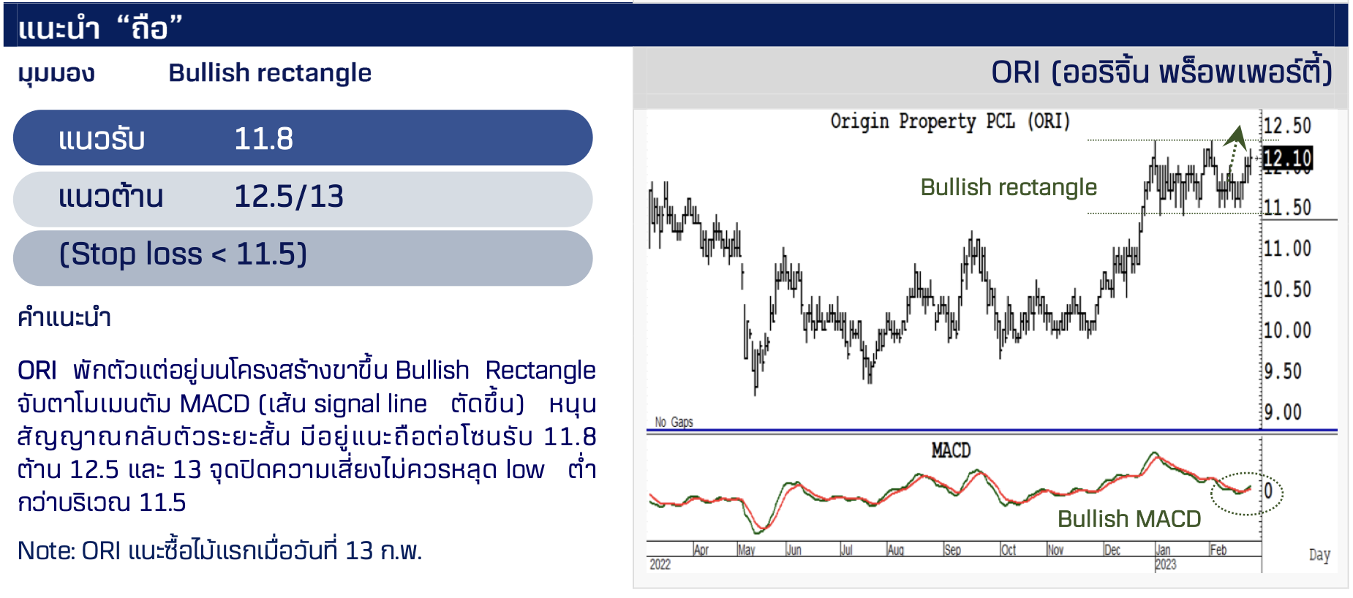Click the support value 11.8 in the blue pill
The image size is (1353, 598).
263,138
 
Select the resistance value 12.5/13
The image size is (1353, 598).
289,196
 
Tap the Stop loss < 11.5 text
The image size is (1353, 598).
183,254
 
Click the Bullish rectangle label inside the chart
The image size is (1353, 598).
1009,188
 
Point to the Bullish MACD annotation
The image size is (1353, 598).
1129,519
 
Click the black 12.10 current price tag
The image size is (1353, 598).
1288,158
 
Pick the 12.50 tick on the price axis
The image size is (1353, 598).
1288,126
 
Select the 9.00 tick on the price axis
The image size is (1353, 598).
1284,412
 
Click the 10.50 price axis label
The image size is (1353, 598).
1288,289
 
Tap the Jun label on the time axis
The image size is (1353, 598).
794,550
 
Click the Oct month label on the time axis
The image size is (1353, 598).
1009,550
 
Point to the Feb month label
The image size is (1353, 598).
1218,550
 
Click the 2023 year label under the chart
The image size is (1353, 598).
1166,564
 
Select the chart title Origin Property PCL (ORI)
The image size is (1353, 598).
950,121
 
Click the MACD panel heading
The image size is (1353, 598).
951,450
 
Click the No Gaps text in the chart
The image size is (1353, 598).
674,422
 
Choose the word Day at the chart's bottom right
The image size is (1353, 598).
1319,555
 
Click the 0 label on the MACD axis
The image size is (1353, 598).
1269,491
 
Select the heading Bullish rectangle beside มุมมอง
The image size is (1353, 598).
270,73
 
